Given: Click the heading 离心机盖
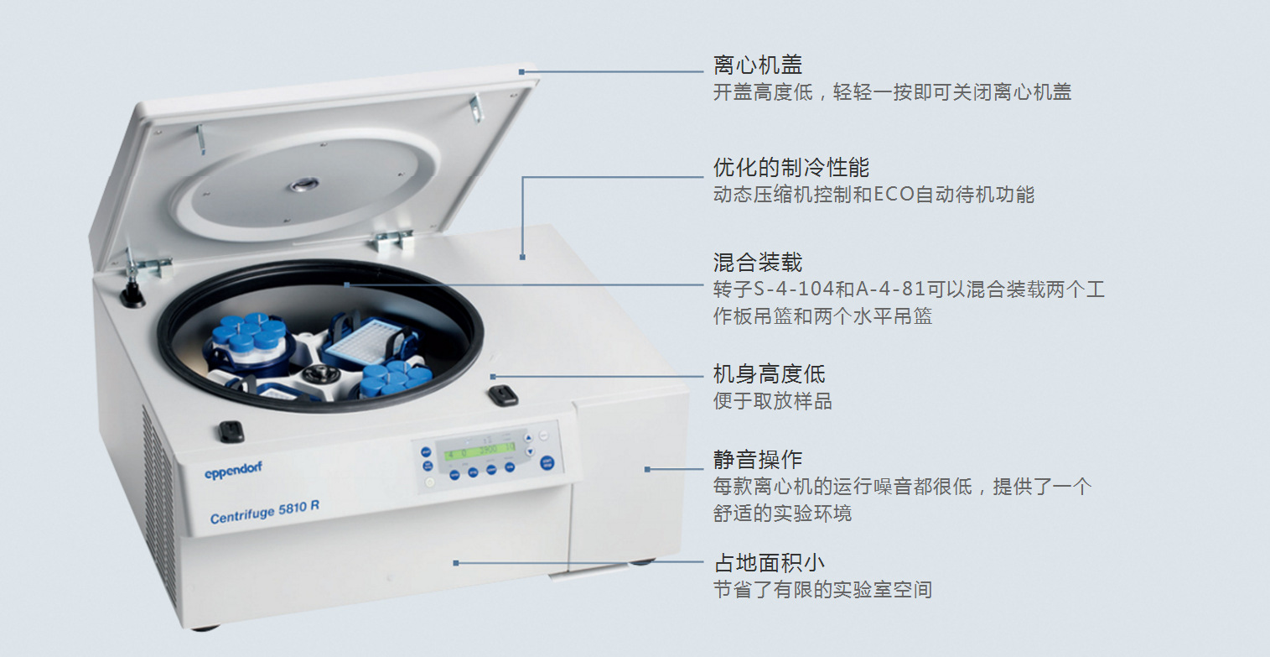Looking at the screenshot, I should point(757,65).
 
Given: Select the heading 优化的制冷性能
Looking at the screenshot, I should point(780,167).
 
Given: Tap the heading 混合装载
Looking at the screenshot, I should point(757,262).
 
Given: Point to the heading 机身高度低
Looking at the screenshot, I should point(769,373).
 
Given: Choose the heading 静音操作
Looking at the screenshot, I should point(757,459).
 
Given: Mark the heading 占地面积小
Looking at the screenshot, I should point(769,562).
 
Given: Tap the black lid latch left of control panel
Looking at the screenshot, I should point(231,431).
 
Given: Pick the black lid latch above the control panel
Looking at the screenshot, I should point(503,396).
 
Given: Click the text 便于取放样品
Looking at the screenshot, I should point(772,401).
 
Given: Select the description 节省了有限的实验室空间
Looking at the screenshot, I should point(822,590).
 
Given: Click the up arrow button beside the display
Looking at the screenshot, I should point(528,437).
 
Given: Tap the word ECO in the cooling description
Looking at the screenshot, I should point(894,195).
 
